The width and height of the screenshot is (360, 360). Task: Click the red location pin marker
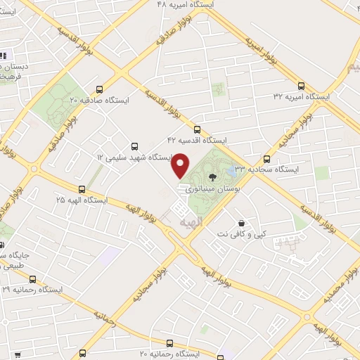point(181,165)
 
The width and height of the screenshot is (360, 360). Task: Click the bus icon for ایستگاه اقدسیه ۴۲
point(196,129)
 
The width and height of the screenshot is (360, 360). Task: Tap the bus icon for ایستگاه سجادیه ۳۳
point(266,159)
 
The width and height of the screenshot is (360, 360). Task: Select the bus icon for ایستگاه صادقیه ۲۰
point(98,89)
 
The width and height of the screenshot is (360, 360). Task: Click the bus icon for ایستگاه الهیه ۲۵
point(82,188)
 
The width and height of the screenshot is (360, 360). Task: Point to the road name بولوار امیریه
point(261,49)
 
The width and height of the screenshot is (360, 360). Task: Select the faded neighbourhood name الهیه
point(190,222)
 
